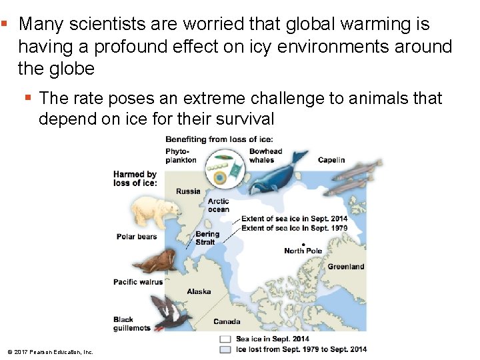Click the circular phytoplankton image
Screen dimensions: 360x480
(x=223, y=169)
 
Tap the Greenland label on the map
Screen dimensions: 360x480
(x=345, y=267)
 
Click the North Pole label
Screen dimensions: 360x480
(x=303, y=251)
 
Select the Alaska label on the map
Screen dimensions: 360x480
(x=199, y=291)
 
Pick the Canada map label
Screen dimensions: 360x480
(x=227, y=321)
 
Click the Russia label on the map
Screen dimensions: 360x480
(x=188, y=191)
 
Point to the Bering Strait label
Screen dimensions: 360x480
(x=207, y=238)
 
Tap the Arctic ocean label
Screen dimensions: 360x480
(x=218, y=205)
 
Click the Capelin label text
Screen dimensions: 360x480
(x=331, y=160)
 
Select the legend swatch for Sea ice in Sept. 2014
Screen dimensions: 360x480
(x=225, y=339)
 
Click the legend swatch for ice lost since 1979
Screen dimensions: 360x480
(x=225, y=349)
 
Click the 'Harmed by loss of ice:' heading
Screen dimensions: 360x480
(x=135, y=179)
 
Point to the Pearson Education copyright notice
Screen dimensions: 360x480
(x=51, y=351)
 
